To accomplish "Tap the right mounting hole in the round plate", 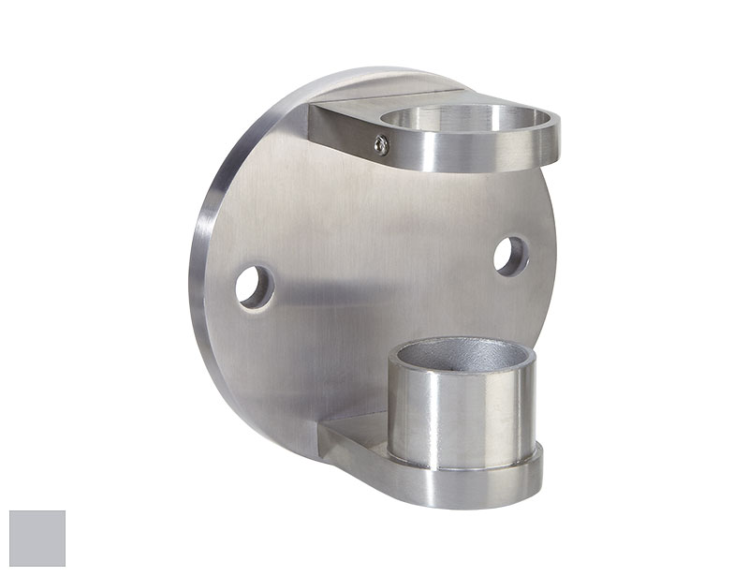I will [511, 256].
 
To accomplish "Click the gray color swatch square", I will [37, 539].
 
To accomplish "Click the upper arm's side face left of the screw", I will [342, 131].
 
